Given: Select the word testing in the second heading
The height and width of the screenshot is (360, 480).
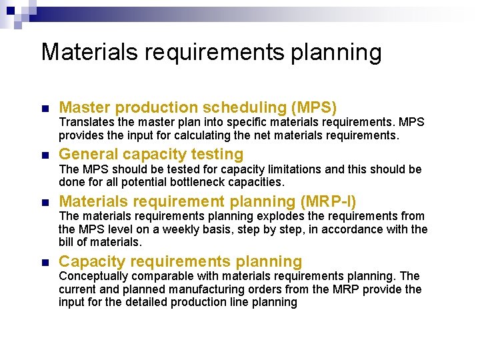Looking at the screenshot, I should click(216, 155).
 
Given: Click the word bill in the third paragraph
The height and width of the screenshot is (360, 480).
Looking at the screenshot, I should click(66, 242).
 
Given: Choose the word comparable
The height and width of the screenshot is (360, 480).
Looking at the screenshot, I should click(162, 275).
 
